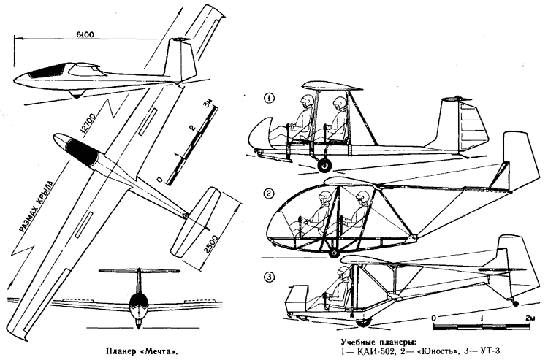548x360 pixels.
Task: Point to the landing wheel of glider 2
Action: (334, 253)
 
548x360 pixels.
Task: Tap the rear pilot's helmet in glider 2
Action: (361, 197)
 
